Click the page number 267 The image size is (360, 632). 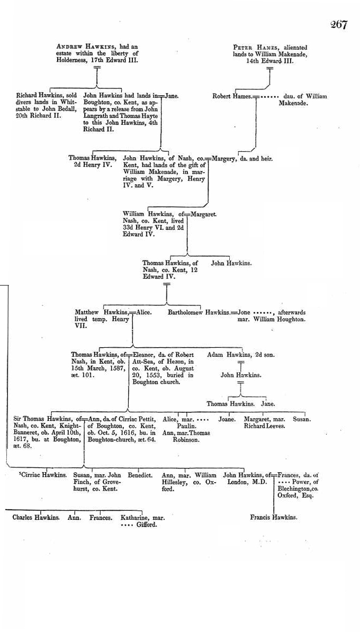coord(339,24)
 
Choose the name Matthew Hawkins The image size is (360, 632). coord(101,312)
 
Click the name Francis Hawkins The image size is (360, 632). coord(273,518)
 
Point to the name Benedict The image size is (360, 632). coord(140,475)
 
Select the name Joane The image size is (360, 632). coord(227,419)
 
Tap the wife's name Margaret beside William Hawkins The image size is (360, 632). coord(204,215)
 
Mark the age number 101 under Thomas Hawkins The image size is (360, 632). coord(88,375)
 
